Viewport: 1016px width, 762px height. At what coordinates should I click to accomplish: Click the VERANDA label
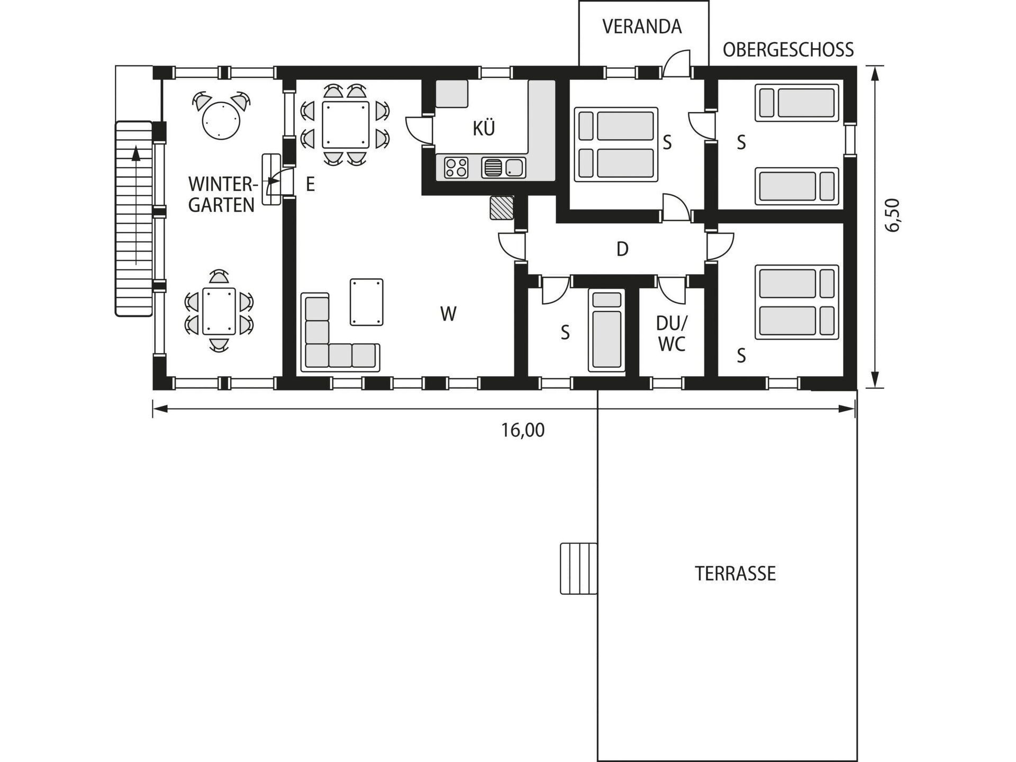click(x=642, y=26)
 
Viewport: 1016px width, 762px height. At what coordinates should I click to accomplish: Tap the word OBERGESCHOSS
click(x=788, y=50)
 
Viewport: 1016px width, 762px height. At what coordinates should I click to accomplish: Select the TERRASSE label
click(x=735, y=574)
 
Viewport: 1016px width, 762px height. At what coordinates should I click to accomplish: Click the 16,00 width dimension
click(x=523, y=430)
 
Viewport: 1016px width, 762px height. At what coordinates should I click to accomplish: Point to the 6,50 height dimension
click(x=892, y=215)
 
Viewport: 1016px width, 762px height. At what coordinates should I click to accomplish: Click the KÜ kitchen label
click(x=484, y=129)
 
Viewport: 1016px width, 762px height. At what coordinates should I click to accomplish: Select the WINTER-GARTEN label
click(x=222, y=195)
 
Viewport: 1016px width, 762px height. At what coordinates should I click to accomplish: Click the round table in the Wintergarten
click(x=222, y=120)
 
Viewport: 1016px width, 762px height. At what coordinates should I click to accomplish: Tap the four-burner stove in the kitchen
click(x=456, y=168)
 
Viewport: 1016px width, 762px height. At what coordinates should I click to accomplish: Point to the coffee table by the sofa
click(x=366, y=302)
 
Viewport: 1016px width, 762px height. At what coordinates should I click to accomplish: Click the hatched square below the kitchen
click(x=502, y=207)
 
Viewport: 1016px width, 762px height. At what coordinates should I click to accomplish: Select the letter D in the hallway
click(x=622, y=249)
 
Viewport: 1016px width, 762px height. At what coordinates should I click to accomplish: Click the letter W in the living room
click(x=448, y=314)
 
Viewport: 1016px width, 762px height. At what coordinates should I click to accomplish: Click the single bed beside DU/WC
click(x=606, y=331)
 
